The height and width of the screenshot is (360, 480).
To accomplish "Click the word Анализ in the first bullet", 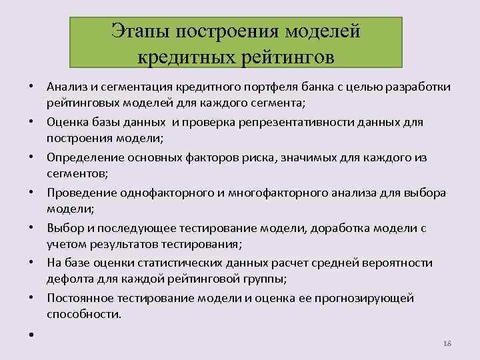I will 66,87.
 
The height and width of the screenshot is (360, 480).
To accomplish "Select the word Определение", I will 82,157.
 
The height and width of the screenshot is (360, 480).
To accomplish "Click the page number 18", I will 447,342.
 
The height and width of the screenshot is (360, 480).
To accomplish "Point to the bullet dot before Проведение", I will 31,193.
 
